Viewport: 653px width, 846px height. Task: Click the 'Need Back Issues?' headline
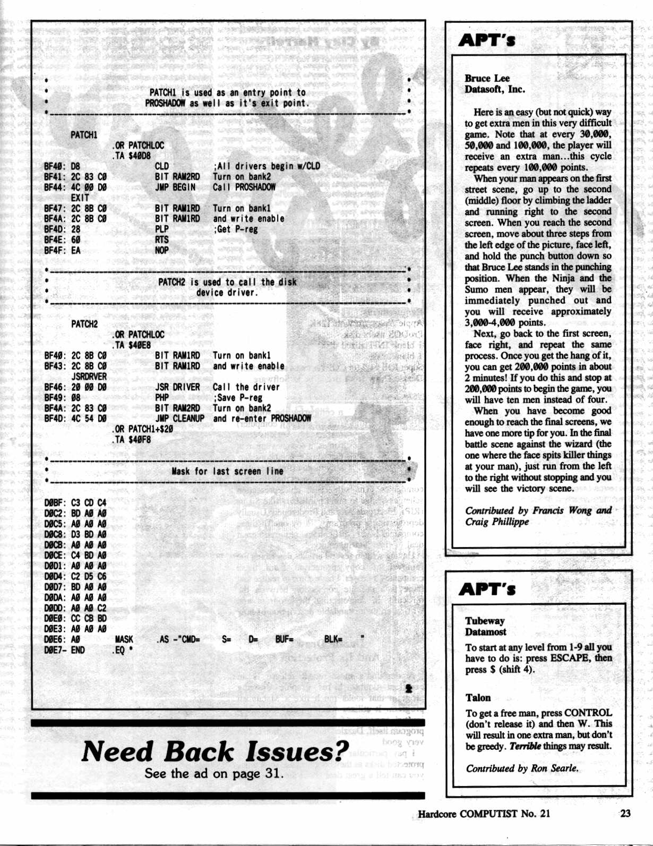pyautogui.click(x=215, y=751)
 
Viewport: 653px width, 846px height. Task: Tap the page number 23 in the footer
pyautogui.click(x=625, y=813)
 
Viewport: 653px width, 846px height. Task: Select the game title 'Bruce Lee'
pyautogui.click(x=487, y=78)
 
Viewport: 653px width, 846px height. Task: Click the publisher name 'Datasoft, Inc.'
pyautogui.click(x=495, y=89)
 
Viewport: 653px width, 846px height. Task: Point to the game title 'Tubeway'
pyautogui.click(x=485, y=620)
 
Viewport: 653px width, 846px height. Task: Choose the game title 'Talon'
pyautogui.click(x=478, y=697)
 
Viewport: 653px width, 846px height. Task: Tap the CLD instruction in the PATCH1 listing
pyautogui.click(x=161, y=166)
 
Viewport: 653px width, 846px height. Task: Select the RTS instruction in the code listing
pyautogui.click(x=161, y=240)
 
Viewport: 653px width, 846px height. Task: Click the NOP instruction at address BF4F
pyautogui.click(x=161, y=250)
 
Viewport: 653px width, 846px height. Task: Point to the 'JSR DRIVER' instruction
pyautogui.click(x=177, y=387)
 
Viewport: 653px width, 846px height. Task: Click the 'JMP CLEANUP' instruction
pyautogui.click(x=179, y=418)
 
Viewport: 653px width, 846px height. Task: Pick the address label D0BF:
pyautogui.click(x=55, y=502)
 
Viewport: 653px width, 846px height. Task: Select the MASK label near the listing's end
pyautogui.click(x=124, y=639)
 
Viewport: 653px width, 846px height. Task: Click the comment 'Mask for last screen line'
pyautogui.click(x=227, y=471)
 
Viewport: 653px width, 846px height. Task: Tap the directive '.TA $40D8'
pyautogui.click(x=131, y=156)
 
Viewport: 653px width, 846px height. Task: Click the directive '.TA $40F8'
pyautogui.click(x=131, y=439)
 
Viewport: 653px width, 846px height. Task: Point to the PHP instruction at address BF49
pyautogui.click(x=161, y=398)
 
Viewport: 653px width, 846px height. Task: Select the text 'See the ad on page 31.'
pyautogui.click(x=214, y=773)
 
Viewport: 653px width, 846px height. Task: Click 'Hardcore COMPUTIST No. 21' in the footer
pyautogui.click(x=484, y=814)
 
